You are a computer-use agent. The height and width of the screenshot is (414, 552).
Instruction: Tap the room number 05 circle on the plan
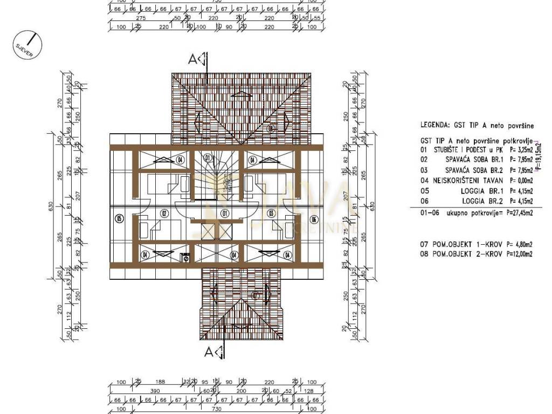point(119,218)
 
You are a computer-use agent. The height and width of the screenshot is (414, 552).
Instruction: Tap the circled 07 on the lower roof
point(256,295)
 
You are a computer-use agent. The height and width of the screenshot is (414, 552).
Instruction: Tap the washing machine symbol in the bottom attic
point(187,256)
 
